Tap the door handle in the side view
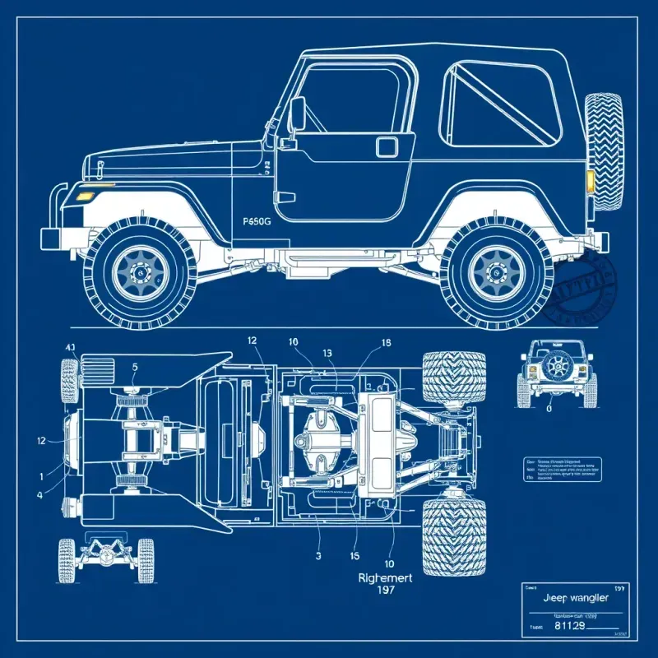[386, 146]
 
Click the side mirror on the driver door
[297, 114]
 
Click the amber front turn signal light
[83, 196]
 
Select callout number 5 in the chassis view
[136, 368]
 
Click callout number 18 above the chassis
[387, 343]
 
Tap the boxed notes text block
[562, 470]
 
